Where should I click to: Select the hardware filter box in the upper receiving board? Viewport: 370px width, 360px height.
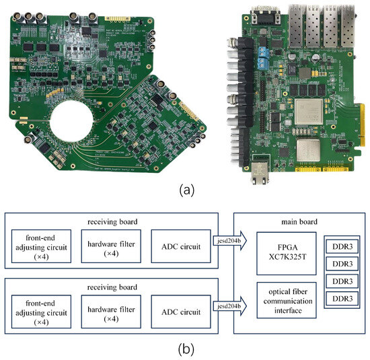[110, 246]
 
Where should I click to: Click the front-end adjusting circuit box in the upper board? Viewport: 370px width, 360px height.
[43, 246]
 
